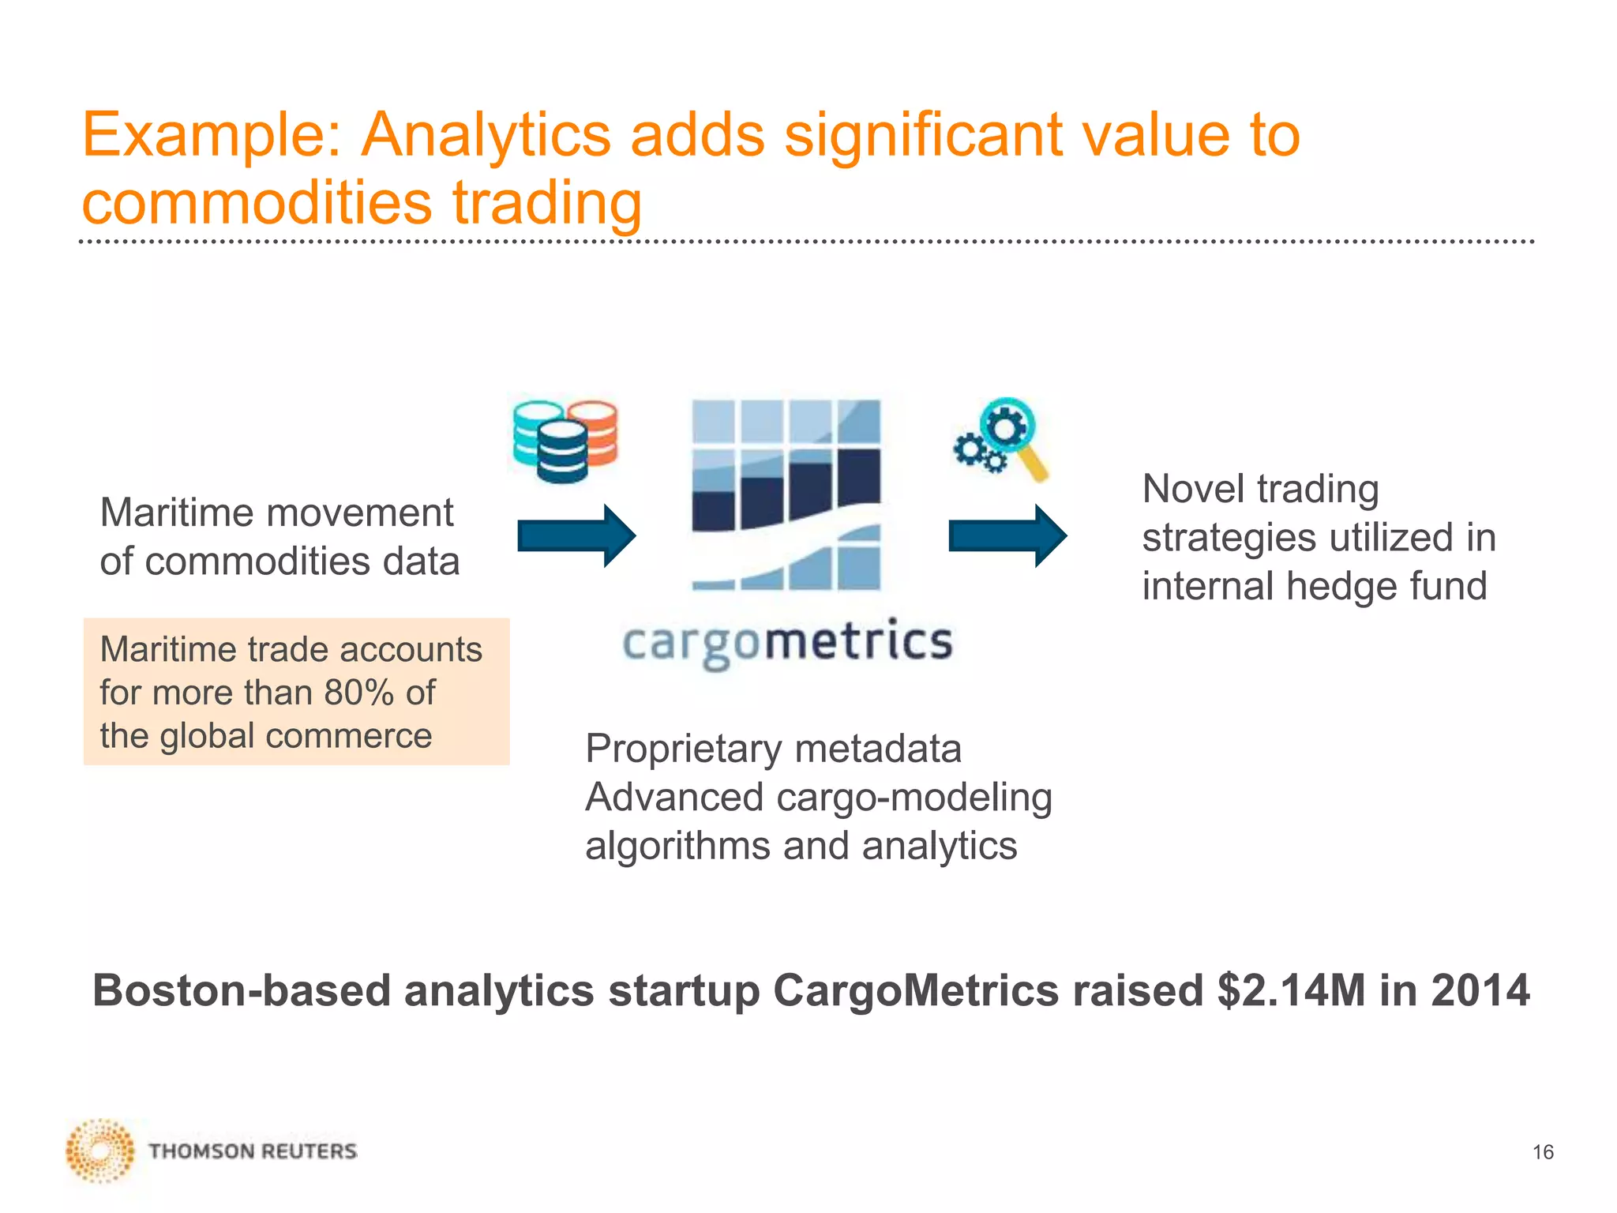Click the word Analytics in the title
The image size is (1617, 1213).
tap(485, 134)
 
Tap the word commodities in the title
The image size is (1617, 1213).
tap(257, 202)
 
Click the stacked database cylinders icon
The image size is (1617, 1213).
tap(565, 441)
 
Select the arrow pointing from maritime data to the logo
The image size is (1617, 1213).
tap(576, 536)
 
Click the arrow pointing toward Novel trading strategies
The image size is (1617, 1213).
tap(1007, 536)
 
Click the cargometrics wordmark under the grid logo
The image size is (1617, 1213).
tap(787, 643)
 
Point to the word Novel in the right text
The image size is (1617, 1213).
tap(1192, 489)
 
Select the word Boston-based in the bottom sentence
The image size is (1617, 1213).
tap(242, 990)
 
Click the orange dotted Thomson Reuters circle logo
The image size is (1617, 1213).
tap(100, 1151)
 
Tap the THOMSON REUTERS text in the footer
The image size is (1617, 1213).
tap(253, 1151)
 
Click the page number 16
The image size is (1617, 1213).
tap(1543, 1152)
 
